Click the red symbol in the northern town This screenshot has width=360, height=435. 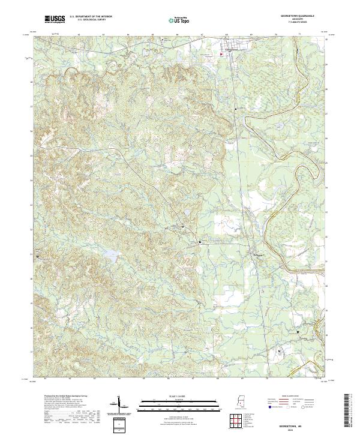pos(221,55)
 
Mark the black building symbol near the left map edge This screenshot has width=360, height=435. pos(39,256)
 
